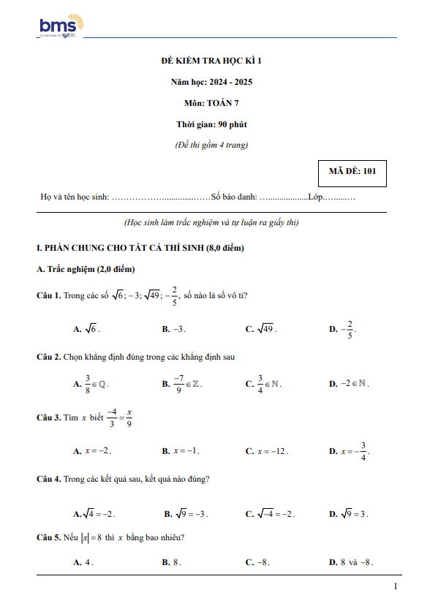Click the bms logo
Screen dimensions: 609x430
coord(61,27)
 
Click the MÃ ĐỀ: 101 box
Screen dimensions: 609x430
coord(352,172)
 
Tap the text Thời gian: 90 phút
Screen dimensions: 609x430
coord(215,124)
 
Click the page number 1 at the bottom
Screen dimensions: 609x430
coord(395,587)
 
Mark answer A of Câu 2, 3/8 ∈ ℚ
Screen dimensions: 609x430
coord(92,383)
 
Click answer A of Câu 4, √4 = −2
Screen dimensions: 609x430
coord(94,514)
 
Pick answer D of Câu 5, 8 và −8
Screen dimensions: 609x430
coord(352,562)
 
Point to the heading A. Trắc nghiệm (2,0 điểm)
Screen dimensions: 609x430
coord(86,269)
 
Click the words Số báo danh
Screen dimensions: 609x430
coord(233,197)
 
